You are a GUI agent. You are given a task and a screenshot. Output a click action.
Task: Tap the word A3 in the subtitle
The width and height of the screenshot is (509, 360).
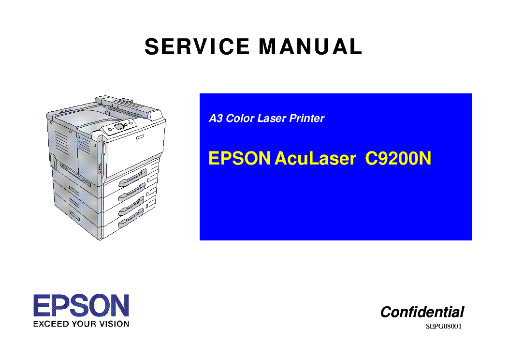[x=215, y=119]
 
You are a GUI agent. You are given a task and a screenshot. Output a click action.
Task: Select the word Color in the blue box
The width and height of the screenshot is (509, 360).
[x=240, y=119]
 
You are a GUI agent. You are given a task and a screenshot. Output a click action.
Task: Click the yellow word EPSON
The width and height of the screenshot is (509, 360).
[x=239, y=159]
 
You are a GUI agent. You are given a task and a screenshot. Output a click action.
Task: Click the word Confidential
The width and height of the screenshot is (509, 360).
[x=422, y=312]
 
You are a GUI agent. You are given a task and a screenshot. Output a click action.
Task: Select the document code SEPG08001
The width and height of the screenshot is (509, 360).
[x=444, y=326]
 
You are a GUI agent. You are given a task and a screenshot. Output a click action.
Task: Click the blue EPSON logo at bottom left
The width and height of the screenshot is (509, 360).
[x=81, y=306]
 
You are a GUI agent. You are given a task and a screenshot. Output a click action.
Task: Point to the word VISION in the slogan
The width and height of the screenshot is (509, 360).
[x=115, y=324]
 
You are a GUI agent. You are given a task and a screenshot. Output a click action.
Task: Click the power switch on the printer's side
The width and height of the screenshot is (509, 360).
[x=101, y=168]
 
